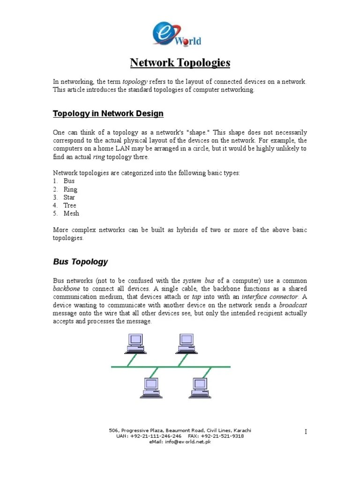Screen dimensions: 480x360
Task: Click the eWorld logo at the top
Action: [177, 35]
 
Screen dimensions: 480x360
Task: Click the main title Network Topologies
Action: [180, 63]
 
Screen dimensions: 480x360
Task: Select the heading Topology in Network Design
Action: [108, 113]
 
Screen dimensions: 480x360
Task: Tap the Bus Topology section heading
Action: [80, 262]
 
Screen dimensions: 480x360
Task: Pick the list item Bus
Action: [68, 181]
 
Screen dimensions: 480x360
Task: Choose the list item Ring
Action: [70, 189]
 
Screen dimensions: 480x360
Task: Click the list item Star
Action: [69, 197]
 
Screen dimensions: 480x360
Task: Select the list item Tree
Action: [69, 205]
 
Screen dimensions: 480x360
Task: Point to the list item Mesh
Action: [71, 213]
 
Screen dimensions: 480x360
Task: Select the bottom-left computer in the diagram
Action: [151, 388]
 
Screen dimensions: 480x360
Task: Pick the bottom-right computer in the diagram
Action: [201, 388]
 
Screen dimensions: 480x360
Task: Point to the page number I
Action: [306, 432]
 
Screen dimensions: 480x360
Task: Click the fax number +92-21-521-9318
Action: [223, 436]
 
